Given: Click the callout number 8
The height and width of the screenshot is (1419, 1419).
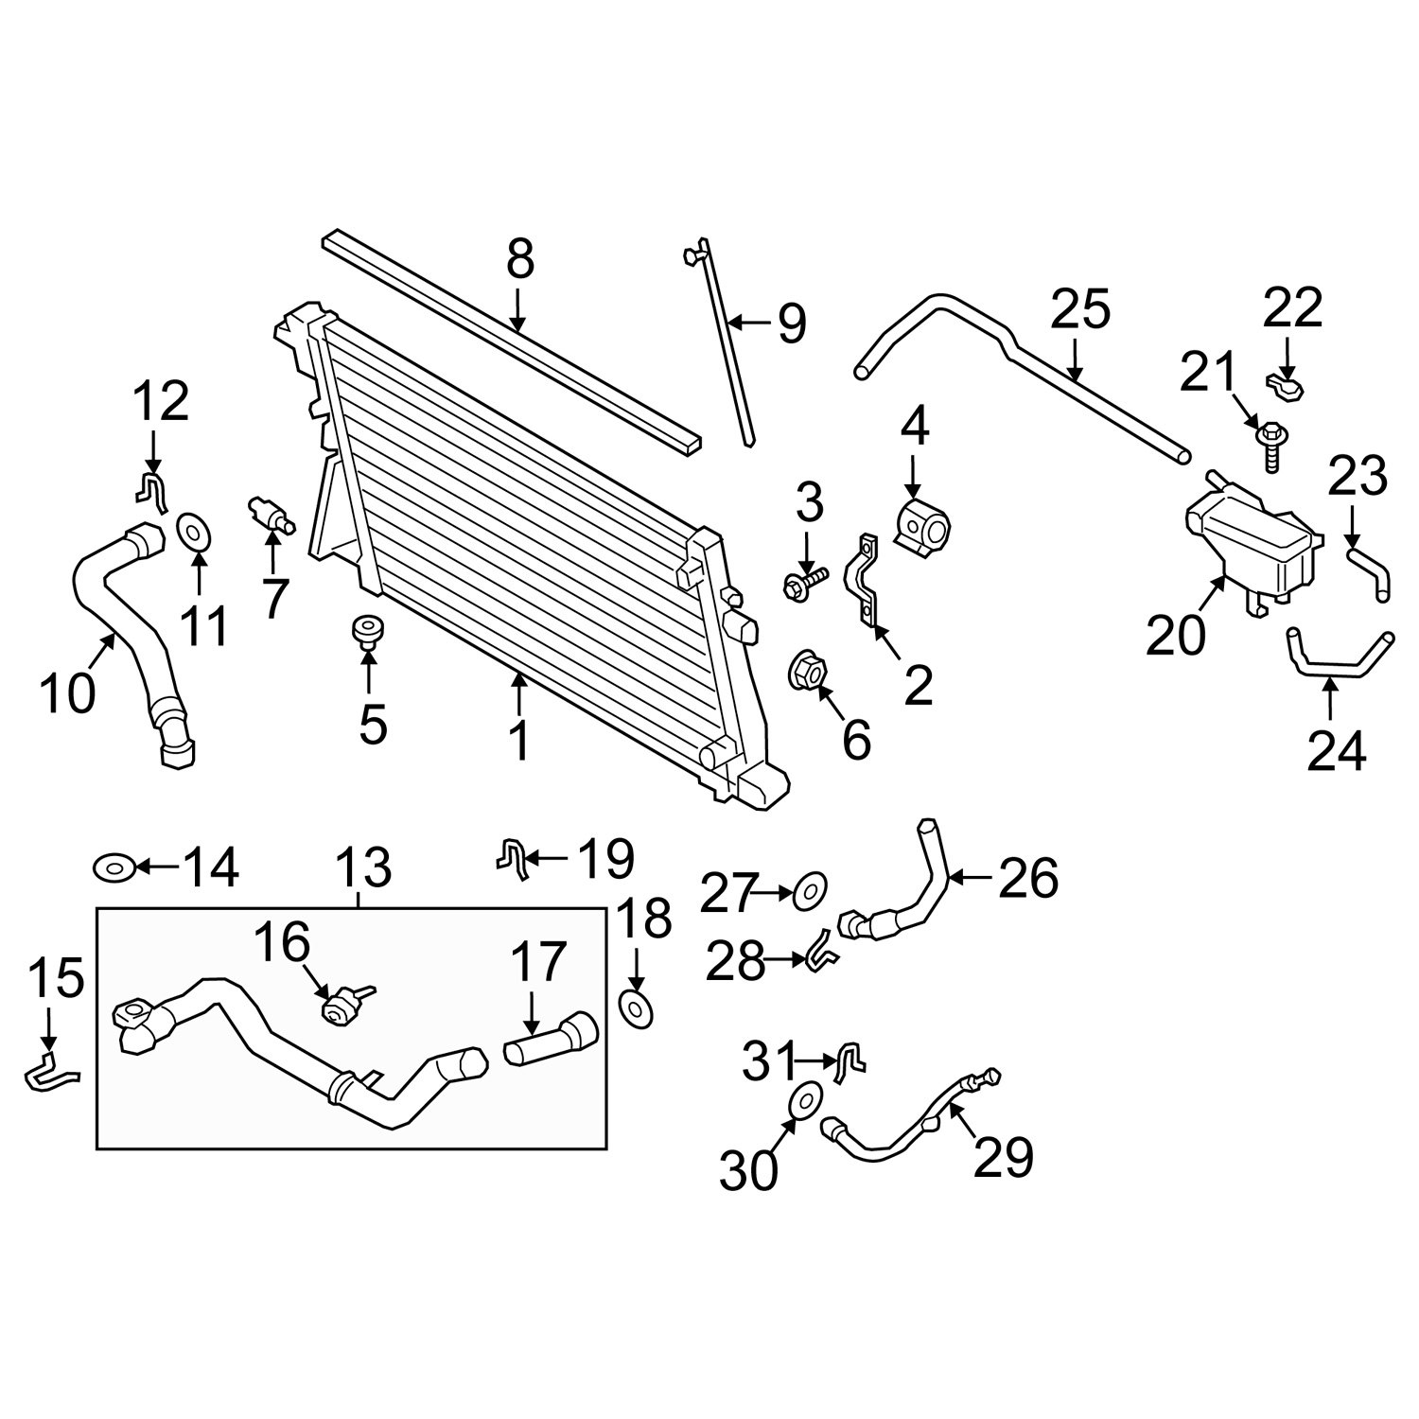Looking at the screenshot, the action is (520, 259).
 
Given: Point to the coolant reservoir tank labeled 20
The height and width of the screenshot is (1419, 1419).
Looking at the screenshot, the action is (1251, 544).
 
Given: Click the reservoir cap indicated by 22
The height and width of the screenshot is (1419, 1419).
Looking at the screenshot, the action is (1286, 387).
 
